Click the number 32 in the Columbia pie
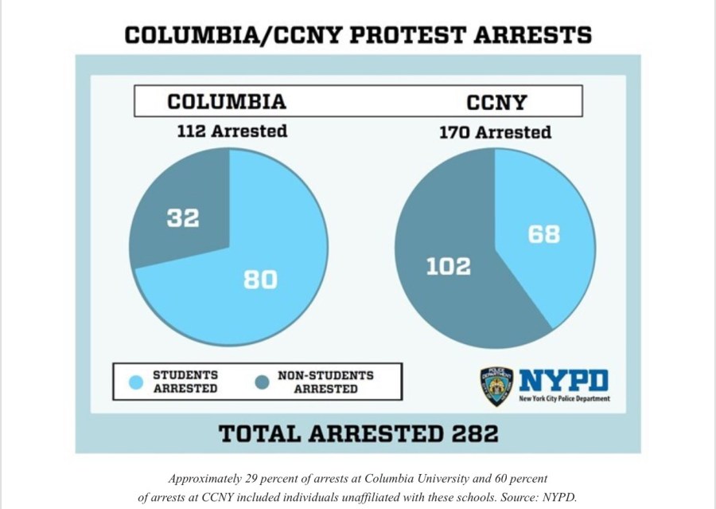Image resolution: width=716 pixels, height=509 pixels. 183,217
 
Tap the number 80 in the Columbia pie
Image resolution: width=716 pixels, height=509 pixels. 260,280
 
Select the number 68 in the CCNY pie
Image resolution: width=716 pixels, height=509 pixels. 543,235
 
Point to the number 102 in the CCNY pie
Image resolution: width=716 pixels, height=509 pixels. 448,266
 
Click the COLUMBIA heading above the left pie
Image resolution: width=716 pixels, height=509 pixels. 226,102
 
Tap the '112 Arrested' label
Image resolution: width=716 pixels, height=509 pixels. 232,131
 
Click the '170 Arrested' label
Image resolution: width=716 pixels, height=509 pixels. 495,132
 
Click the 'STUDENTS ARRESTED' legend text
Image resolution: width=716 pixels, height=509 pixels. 185,382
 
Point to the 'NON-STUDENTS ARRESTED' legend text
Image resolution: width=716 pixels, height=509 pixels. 325,382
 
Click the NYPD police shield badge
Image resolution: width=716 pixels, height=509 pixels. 496,386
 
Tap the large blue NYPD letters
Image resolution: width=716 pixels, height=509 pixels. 563,380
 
